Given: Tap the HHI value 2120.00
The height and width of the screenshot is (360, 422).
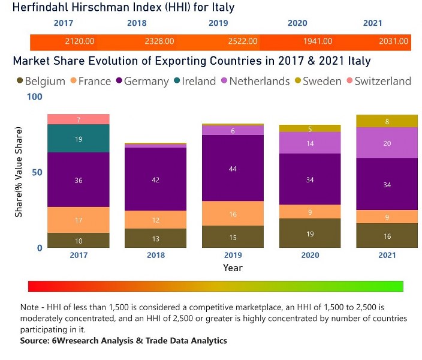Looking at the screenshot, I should tap(80, 41).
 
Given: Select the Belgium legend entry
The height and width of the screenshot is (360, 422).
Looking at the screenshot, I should tap(41, 81).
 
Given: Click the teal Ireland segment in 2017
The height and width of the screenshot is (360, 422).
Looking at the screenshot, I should tap(79, 138).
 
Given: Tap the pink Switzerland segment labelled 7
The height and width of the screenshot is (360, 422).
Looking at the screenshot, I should tap(79, 119).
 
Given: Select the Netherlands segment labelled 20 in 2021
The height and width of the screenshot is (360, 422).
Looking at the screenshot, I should tap(387, 143).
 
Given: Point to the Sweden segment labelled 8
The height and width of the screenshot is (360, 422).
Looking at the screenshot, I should tap(387, 121).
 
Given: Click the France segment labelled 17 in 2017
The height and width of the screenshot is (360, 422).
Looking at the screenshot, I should tap(79, 220).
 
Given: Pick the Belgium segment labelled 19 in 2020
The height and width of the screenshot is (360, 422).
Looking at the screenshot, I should tap(310, 233).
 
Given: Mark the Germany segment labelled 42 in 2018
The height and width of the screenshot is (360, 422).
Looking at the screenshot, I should tap(155, 179).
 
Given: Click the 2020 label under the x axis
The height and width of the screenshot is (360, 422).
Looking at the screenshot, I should tap(310, 255).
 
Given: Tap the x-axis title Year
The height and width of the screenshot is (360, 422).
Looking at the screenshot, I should tap(233, 267).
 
